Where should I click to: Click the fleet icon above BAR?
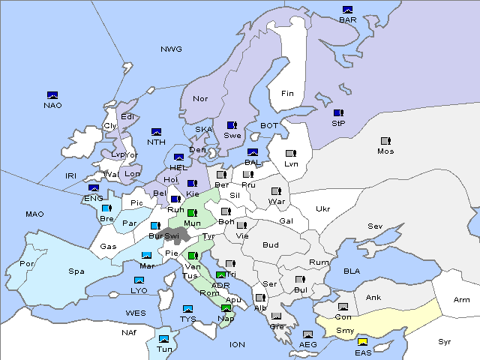[x=347, y=10]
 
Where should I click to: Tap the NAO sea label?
[x=52, y=105]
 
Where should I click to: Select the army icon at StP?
[x=338, y=112]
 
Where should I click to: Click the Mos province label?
[x=385, y=151]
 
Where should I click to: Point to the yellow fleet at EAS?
[x=362, y=343]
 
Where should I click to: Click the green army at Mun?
[x=192, y=213]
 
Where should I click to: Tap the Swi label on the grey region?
[x=172, y=236]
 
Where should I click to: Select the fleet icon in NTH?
[x=156, y=132]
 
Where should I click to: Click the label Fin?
[x=287, y=94]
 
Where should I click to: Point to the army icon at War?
[x=276, y=191]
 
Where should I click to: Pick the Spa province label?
[x=76, y=271]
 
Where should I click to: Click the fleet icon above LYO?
[x=139, y=280]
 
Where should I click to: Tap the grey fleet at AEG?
[x=307, y=334]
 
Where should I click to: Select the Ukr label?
[x=322, y=209]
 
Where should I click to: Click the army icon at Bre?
[x=106, y=208]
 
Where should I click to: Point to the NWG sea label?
[x=171, y=49]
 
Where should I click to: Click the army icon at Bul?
[x=300, y=280]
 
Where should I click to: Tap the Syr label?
[x=445, y=341]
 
